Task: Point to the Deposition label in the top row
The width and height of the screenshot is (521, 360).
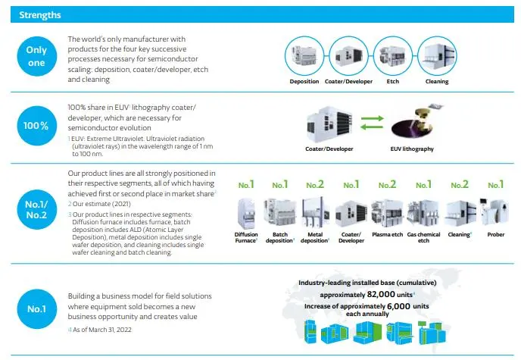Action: (x=304, y=82)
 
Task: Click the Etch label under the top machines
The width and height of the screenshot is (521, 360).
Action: (x=392, y=82)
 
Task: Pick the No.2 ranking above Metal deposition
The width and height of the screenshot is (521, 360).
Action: (x=315, y=184)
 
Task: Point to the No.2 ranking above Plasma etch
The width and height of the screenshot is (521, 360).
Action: (x=387, y=184)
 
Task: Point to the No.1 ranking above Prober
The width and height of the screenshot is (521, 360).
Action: (x=495, y=184)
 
